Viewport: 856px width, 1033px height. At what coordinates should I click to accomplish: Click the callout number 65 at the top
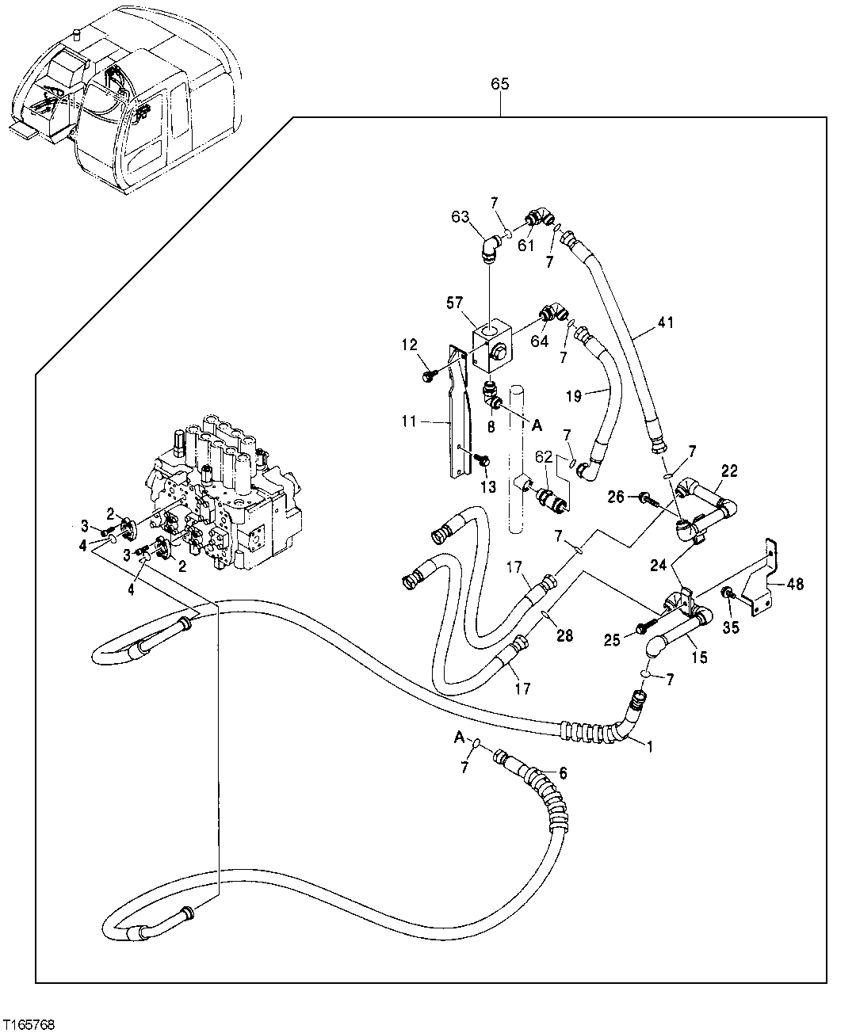[500, 84]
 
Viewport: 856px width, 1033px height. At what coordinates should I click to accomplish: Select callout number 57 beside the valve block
[454, 302]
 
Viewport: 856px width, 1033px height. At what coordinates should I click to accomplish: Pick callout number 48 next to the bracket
[795, 585]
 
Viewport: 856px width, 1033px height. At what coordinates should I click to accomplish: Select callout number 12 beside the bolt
[408, 345]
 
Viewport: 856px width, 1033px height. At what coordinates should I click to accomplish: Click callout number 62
[543, 456]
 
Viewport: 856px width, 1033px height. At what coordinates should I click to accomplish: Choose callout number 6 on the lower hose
[564, 772]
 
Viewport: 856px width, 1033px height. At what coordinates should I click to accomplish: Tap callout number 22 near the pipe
[729, 471]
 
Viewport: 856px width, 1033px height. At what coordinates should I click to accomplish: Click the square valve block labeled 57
[492, 345]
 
